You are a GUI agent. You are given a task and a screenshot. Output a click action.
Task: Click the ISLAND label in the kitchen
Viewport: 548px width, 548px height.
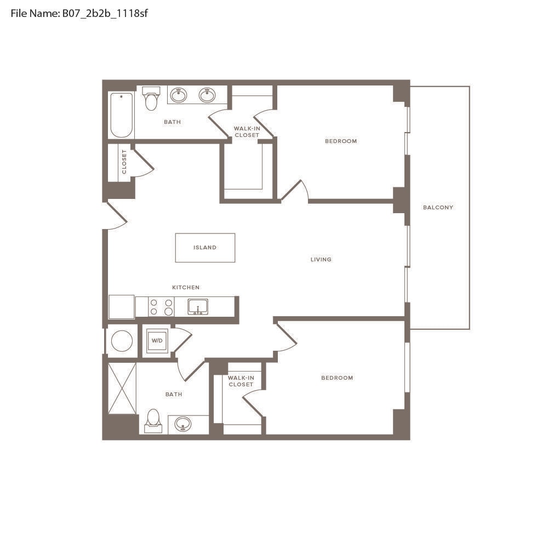click(205, 248)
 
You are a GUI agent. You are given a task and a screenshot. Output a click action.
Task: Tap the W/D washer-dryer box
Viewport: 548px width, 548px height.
click(157, 340)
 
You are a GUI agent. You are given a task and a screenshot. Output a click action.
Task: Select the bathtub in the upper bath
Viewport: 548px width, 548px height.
click(121, 115)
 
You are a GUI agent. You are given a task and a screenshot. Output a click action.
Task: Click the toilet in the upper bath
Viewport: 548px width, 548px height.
click(151, 98)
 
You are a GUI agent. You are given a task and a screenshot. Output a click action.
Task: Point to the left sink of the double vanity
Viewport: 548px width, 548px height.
click(178, 95)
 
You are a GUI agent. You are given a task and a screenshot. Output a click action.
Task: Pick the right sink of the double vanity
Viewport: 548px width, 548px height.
click(207, 95)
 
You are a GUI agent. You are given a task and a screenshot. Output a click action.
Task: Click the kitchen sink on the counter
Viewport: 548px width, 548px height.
click(198, 307)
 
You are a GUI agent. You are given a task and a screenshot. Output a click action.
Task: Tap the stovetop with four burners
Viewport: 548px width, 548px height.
click(161, 306)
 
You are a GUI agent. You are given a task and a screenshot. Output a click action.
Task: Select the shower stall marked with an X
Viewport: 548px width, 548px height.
click(122, 389)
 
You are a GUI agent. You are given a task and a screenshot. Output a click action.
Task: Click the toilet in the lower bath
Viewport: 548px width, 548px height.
click(153, 420)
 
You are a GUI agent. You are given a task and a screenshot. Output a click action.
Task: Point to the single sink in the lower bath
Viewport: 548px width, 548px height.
click(183, 424)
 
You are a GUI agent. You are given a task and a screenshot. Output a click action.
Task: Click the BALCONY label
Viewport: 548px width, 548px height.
click(438, 207)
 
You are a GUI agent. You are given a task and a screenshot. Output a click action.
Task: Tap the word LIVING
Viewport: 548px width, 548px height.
click(321, 259)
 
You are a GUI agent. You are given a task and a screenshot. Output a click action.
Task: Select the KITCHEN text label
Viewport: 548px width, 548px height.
click(186, 287)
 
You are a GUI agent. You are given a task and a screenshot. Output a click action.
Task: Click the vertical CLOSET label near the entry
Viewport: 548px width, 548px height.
click(124, 162)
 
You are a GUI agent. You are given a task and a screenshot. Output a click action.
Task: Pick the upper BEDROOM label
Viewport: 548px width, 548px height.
click(341, 141)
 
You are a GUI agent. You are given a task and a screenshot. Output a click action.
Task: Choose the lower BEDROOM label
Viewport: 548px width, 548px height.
click(337, 378)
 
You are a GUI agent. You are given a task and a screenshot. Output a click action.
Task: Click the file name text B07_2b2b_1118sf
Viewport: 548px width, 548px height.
click(105, 13)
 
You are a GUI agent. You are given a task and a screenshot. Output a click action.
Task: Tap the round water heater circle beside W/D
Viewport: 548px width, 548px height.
click(122, 341)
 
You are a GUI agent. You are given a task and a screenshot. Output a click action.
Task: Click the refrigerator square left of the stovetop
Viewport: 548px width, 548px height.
click(122, 307)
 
